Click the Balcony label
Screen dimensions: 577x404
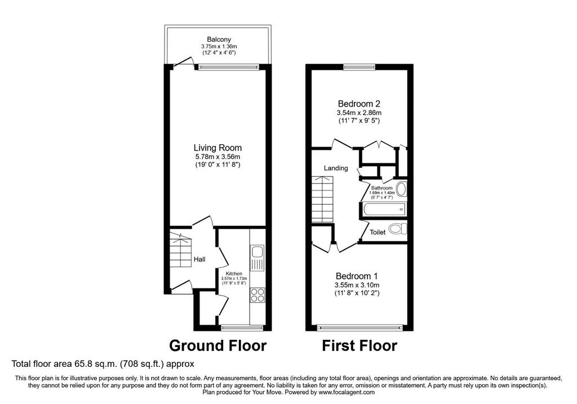coord(219,39)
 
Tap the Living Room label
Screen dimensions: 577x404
coord(218,148)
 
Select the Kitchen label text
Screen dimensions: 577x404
coord(234,273)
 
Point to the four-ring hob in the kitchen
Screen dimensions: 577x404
coord(258,295)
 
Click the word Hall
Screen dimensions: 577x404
coord(199,259)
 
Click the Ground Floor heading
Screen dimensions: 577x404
coord(218,345)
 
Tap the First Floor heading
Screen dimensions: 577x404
coord(359,345)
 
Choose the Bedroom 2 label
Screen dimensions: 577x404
coord(359,104)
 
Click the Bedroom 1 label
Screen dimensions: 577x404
coord(357,276)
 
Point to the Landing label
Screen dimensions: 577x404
coord(336,168)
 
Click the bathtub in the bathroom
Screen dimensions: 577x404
coord(383,210)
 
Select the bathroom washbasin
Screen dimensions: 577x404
coord(401,189)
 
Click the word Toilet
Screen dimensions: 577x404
coord(378,232)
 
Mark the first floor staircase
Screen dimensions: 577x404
coord(322,199)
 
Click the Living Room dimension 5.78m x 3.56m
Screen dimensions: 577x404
coord(218,157)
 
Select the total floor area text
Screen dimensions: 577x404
coord(103,364)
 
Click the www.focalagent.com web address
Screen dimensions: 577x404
coord(347,392)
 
